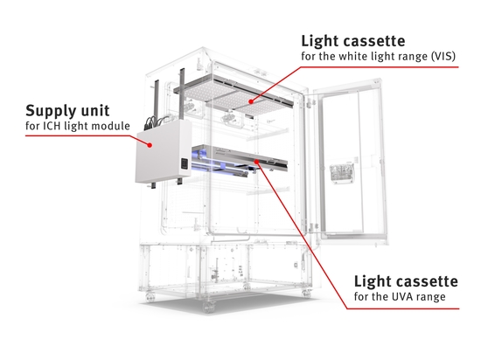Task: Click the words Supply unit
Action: click(67, 111)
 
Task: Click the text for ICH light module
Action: click(78, 126)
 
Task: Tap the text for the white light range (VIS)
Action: click(378, 57)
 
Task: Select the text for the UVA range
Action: click(400, 296)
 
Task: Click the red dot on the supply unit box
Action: click(150, 145)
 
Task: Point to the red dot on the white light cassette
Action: click(251, 101)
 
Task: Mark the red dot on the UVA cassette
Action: click(256, 162)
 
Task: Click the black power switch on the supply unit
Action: click(185, 163)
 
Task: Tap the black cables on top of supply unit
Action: click(157, 121)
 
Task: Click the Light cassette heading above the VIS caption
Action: click(353, 41)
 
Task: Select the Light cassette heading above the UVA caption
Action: click(406, 281)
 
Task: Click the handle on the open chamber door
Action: click(341, 173)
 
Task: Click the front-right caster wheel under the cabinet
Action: click(306, 294)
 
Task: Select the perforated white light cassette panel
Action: click(234, 95)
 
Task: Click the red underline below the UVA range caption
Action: click(403, 308)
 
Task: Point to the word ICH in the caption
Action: click(51, 126)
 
